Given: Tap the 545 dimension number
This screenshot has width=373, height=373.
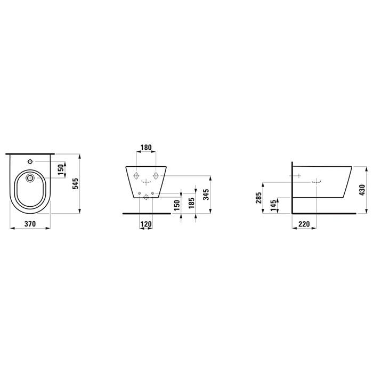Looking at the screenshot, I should (x=76, y=183).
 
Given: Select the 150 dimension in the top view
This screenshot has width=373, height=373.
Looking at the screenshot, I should (x=61, y=169).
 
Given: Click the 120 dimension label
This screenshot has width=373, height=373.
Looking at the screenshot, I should (x=145, y=224).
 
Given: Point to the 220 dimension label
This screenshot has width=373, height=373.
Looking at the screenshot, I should (x=304, y=224).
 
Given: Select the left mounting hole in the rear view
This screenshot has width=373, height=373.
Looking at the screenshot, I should (x=136, y=176).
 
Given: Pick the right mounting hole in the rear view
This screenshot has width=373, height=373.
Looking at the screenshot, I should (x=156, y=176).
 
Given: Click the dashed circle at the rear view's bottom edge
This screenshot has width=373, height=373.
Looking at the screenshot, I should (x=145, y=197).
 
